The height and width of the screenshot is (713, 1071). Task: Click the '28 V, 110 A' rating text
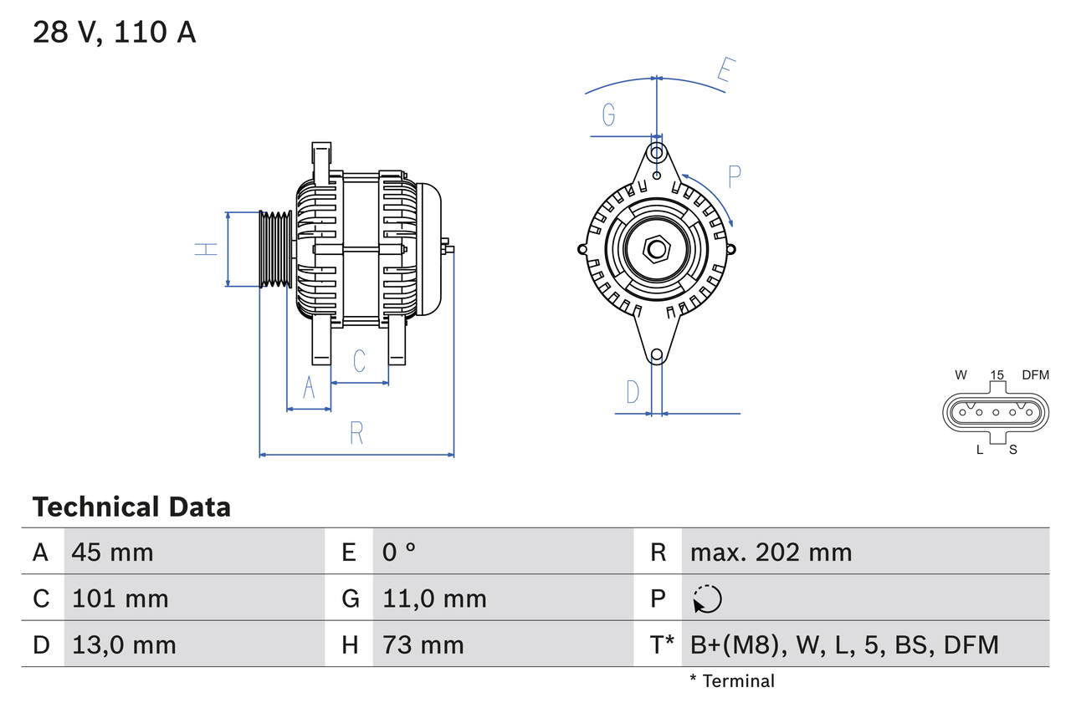(x=114, y=33)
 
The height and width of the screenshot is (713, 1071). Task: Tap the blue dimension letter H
(x=206, y=248)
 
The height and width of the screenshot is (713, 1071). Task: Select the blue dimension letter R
(x=356, y=433)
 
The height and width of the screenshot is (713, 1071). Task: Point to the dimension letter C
(x=359, y=361)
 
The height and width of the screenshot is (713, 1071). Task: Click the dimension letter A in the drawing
(x=309, y=389)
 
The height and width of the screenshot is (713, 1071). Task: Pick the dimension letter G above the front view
(x=609, y=115)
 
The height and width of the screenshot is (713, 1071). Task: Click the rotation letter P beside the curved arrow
(x=735, y=177)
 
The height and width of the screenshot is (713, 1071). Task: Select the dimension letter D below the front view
(x=633, y=391)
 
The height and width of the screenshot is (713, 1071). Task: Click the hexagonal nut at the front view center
(x=657, y=248)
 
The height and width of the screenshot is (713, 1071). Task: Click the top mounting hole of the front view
(x=657, y=153)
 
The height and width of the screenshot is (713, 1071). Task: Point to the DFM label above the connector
(x=1034, y=375)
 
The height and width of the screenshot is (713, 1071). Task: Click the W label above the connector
(x=961, y=375)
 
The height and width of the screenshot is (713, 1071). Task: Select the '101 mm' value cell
(x=120, y=598)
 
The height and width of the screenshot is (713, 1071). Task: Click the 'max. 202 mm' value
(x=771, y=553)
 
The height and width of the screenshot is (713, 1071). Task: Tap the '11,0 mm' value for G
(x=434, y=598)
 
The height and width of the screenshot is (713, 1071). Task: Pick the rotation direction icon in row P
(x=707, y=598)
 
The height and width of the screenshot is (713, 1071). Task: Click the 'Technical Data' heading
(x=131, y=507)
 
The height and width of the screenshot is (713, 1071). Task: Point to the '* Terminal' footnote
(x=732, y=681)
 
